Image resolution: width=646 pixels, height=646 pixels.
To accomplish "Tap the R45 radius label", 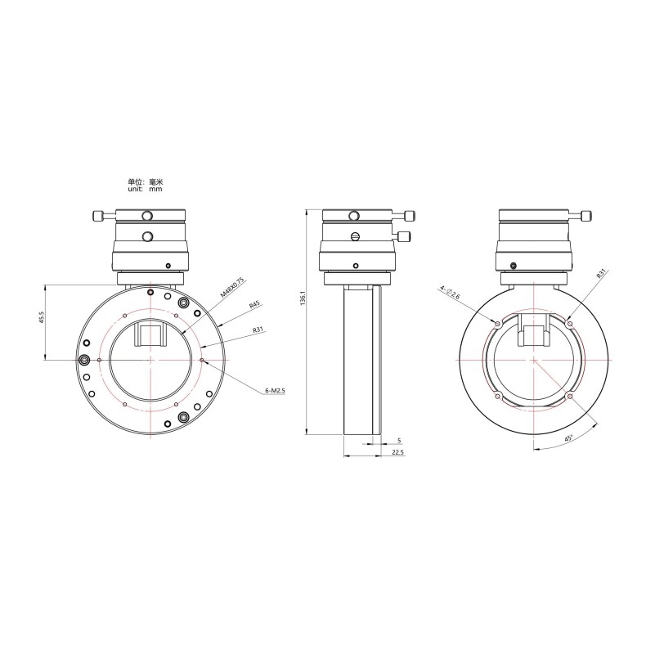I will tap(255, 307).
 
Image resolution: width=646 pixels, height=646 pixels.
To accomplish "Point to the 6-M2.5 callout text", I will tap(276, 391).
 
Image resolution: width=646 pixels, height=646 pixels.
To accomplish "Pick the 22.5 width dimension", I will tap(398, 452).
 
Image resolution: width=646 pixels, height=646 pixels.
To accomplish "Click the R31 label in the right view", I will tap(600, 274).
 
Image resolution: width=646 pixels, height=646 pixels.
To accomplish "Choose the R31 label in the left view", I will tap(258, 331).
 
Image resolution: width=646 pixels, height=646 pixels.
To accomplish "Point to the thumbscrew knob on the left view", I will tap(98, 216).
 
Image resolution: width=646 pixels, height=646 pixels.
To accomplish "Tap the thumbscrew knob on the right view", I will tap(585, 216).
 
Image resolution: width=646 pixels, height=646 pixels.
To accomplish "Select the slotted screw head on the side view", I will tap(355, 237).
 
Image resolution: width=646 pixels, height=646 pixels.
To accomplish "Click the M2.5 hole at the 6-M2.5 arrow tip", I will tap(201, 359).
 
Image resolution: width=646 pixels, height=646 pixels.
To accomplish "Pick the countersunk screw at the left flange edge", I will tap(84, 359).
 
